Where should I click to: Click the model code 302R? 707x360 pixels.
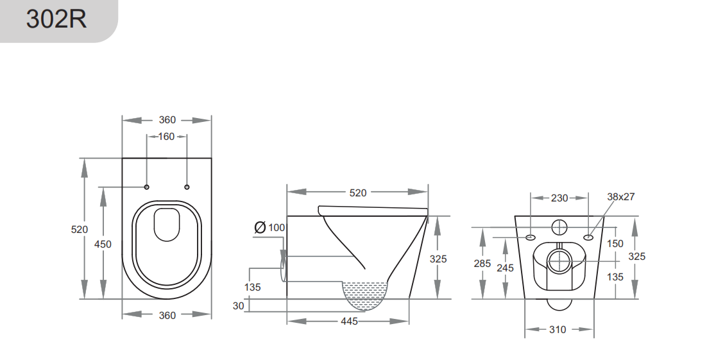pyautogui.click(x=56, y=19)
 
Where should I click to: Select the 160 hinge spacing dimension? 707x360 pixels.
pyautogui.click(x=166, y=136)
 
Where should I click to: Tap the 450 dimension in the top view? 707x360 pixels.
pyautogui.click(x=103, y=243)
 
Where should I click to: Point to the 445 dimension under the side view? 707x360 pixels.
pyautogui.click(x=349, y=321)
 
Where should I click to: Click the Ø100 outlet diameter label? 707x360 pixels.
pyautogui.click(x=269, y=227)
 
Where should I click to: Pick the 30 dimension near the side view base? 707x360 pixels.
pyautogui.click(x=239, y=306)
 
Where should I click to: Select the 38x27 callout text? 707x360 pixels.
pyautogui.click(x=620, y=197)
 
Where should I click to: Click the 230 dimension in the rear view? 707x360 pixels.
pyautogui.click(x=559, y=198)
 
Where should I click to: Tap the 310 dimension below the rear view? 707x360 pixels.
pyautogui.click(x=558, y=329)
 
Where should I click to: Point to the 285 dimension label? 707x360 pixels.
pyautogui.click(x=482, y=263)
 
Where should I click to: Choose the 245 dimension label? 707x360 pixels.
pyautogui.click(x=505, y=268)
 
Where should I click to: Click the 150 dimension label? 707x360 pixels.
pyautogui.click(x=615, y=243)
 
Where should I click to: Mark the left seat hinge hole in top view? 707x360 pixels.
pyautogui.click(x=147, y=187)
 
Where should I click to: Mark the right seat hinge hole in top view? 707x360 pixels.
pyautogui.click(x=187, y=187)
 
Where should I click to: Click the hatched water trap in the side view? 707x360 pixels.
pyautogui.click(x=366, y=295)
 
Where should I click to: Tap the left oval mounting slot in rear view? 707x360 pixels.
pyautogui.click(x=531, y=237)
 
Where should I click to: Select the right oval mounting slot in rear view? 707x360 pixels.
pyautogui.click(x=588, y=237)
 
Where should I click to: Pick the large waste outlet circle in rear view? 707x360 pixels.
pyautogui.click(x=559, y=261)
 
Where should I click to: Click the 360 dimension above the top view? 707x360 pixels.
pyautogui.click(x=167, y=120)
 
